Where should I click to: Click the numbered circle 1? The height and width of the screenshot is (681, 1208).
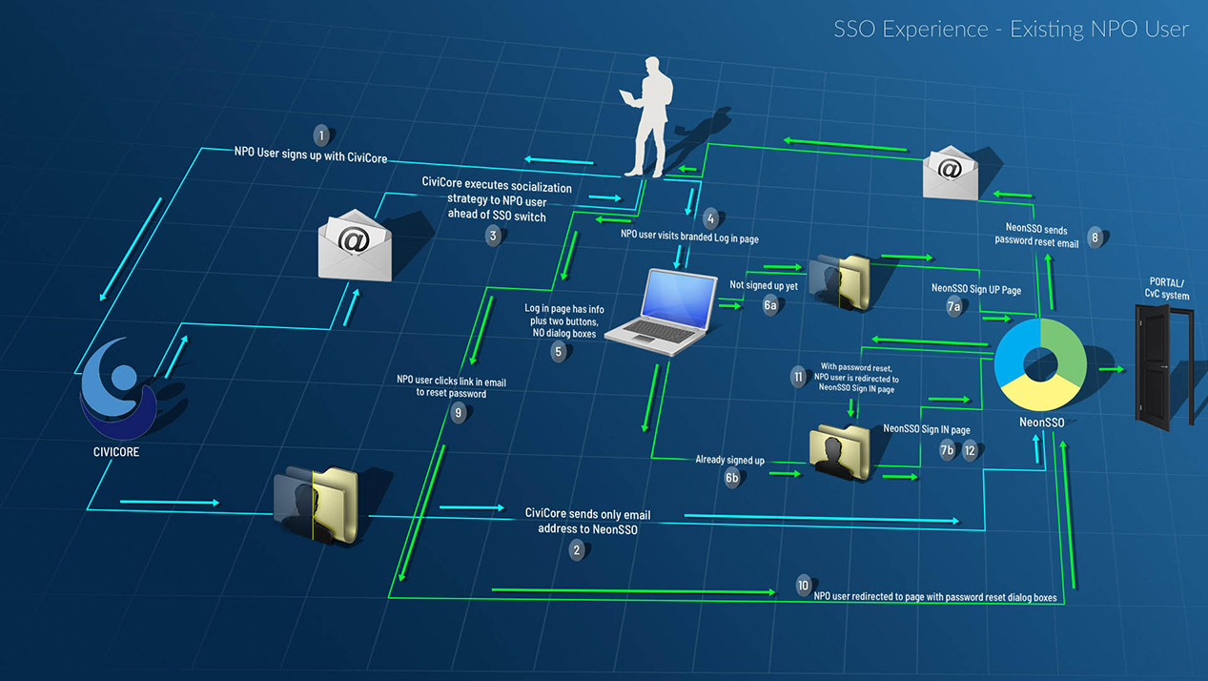[x=321, y=135]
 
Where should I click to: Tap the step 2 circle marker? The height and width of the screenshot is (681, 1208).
[x=576, y=549]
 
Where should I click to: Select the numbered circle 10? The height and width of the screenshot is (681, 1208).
[x=804, y=585]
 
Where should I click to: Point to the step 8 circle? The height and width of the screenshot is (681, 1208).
[x=1095, y=237]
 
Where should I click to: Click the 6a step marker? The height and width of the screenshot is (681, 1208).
[x=770, y=305]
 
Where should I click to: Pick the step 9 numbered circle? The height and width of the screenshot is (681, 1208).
[x=459, y=413]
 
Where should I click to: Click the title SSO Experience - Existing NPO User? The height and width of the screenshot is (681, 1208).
[x=1011, y=30]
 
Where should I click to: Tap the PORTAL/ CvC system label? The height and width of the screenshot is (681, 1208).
[x=1168, y=289]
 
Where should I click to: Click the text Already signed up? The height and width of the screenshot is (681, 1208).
[x=729, y=460]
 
